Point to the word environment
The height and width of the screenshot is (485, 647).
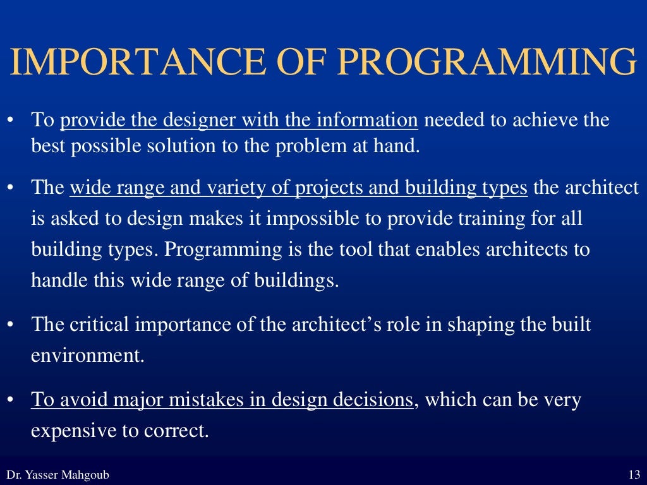click(x=88, y=355)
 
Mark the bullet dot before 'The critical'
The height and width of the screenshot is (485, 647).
click(x=10, y=325)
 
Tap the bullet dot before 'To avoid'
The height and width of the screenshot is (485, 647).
click(x=10, y=400)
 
